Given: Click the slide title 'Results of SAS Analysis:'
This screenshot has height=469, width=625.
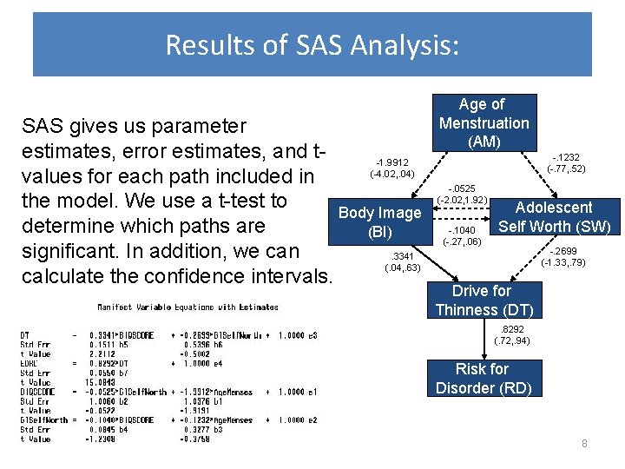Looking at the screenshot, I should tap(312, 44).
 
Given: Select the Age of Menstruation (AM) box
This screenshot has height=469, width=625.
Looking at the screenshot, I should tap(484, 122).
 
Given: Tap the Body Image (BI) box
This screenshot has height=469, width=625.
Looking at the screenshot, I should tap(379, 222).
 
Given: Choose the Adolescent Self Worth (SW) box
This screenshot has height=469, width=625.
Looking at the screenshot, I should tap(554, 217).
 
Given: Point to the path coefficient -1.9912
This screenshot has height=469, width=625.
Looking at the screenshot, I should tap(391, 162).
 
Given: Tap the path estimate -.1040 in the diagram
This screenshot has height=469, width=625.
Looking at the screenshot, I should tap(462, 230).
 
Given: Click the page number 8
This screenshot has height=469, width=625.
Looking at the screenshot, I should tap(584, 444).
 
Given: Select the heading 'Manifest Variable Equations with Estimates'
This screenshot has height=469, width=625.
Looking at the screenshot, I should tap(188, 307).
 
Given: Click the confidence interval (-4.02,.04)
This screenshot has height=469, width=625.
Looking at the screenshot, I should tap(391, 175).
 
